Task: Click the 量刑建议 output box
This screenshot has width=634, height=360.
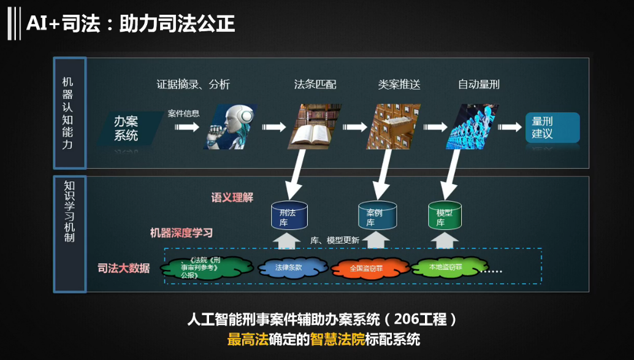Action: pos(552,128)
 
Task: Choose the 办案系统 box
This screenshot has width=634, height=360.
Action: pos(127,128)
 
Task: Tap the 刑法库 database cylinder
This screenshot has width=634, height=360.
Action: pos(289,215)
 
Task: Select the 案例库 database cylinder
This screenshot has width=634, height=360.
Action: pos(375,215)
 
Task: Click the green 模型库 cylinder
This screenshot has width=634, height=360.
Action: pos(445,215)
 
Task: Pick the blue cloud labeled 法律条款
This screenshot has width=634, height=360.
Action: pos(289,267)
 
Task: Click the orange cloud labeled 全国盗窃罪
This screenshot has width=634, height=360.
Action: pos(366,268)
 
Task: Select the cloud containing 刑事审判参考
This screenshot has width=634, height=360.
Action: pos(206,267)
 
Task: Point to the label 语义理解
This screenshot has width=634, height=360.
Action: pos(232,197)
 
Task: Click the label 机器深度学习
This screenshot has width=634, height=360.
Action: pos(181,233)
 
